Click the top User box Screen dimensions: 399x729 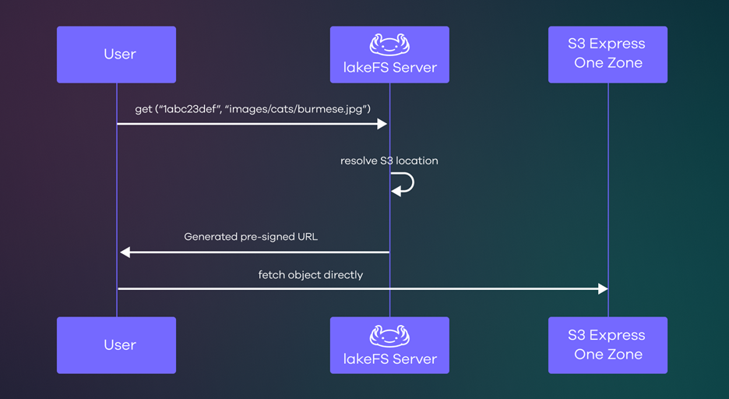click(x=116, y=55)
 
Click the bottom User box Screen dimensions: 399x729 click(x=116, y=345)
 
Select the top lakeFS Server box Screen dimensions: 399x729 click(x=389, y=55)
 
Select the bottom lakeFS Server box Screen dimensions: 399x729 click(x=389, y=345)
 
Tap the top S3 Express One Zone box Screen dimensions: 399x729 click(x=607, y=55)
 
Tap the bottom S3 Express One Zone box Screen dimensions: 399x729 click(x=607, y=345)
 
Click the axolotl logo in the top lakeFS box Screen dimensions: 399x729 click(x=389, y=44)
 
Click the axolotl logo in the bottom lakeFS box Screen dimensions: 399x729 click(x=389, y=336)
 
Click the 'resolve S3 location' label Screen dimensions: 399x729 click(x=389, y=161)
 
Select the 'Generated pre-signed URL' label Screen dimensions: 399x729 click(x=251, y=237)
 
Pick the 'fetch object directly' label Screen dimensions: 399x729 click(x=311, y=275)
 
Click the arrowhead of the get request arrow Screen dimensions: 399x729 click(x=382, y=124)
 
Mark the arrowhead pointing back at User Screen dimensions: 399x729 click(x=125, y=252)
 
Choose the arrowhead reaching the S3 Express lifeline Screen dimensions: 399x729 click(x=602, y=289)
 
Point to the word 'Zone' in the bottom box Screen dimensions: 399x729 click(x=625, y=355)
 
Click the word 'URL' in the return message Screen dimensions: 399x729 click(x=306, y=237)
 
